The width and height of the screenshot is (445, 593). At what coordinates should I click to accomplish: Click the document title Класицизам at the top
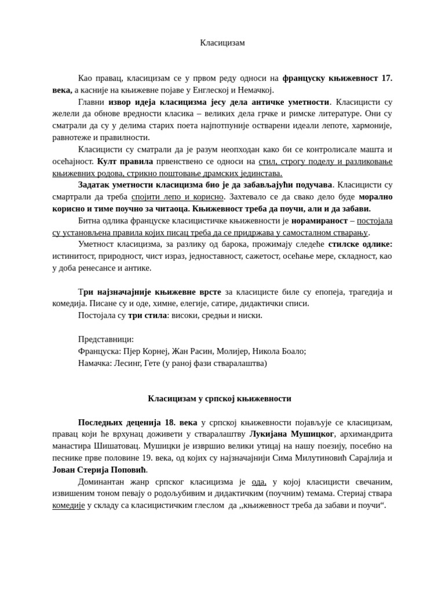pyautogui.click(x=222, y=43)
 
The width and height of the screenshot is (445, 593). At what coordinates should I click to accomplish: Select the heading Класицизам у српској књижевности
pyautogui.click(x=220, y=398)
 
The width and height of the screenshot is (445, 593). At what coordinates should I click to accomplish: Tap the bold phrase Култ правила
pyautogui.click(x=125, y=161)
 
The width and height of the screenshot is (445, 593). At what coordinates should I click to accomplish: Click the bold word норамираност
pyautogui.click(x=319, y=221)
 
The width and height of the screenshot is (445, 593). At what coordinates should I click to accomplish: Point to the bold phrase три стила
pyautogui.click(x=147, y=315)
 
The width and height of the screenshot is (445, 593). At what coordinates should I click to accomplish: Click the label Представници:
pyautogui.click(x=106, y=339)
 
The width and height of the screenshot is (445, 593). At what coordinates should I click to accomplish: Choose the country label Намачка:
pyautogui.click(x=97, y=363)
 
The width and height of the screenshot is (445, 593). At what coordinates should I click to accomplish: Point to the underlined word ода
pyautogui.click(x=259, y=482)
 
